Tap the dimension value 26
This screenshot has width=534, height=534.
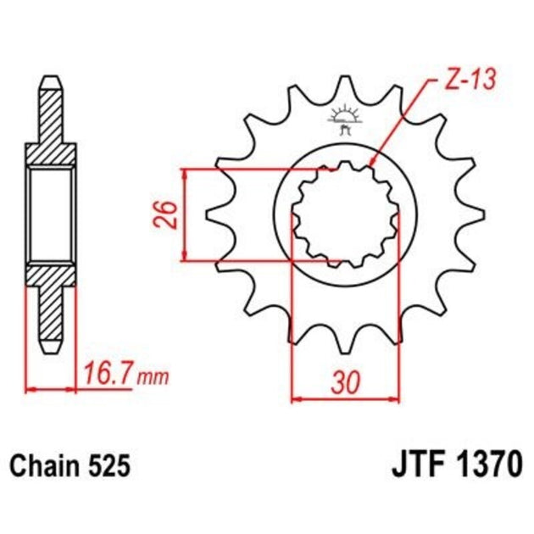pyautogui.click(x=168, y=215)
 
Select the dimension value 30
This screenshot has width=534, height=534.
pyautogui.click(x=344, y=383)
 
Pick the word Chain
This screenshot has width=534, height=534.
pyautogui.click(x=44, y=465)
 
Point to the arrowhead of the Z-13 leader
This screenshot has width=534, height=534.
pyautogui.click(x=374, y=163)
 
